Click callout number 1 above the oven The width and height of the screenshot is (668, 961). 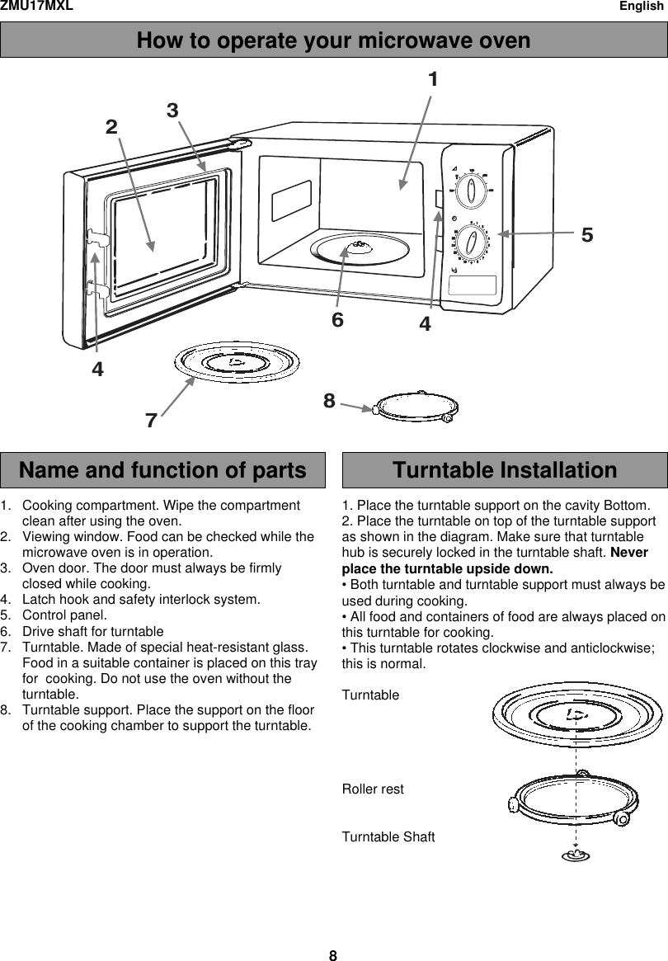click(x=433, y=80)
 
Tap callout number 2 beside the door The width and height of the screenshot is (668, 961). click(x=111, y=127)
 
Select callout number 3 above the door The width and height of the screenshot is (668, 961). click(x=172, y=110)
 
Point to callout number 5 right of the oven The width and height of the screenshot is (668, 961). click(x=586, y=234)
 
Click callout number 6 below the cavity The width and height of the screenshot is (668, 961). click(x=337, y=319)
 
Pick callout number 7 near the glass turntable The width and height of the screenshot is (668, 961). click(x=151, y=420)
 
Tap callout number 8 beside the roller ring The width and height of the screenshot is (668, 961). click(x=329, y=401)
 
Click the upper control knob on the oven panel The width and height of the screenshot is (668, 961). click(x=472, y=191)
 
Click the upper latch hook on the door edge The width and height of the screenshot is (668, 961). click(x=98, y=240)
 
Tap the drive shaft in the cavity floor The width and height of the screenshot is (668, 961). click(x=357, y=246)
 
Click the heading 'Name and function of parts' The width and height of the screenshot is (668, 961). click(x=162, y=470)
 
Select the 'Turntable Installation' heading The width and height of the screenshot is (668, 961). click(x=504, y=470)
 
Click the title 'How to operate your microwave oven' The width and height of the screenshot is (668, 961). click(x=333, y=40)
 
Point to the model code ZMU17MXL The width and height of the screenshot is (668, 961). click(x=36, y=6)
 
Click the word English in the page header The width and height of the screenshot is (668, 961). click(x=642, y=6)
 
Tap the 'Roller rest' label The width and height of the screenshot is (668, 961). click(x=373, y=789)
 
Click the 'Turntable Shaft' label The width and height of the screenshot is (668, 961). click(x=388, y=838)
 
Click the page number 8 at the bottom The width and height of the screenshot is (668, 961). click(x=333, y=956)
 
